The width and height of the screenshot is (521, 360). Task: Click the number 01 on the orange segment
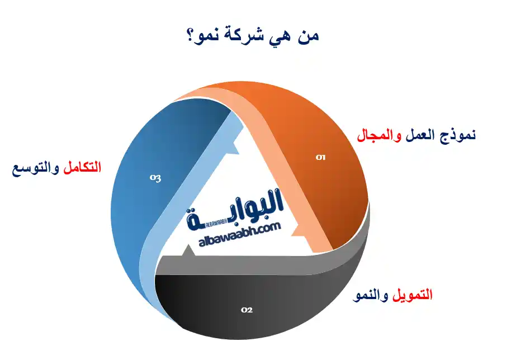[320, 158]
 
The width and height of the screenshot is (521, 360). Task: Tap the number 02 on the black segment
[247, 309]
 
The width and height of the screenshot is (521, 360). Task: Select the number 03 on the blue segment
[155, 178]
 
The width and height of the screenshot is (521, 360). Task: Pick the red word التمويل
[411, 295]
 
